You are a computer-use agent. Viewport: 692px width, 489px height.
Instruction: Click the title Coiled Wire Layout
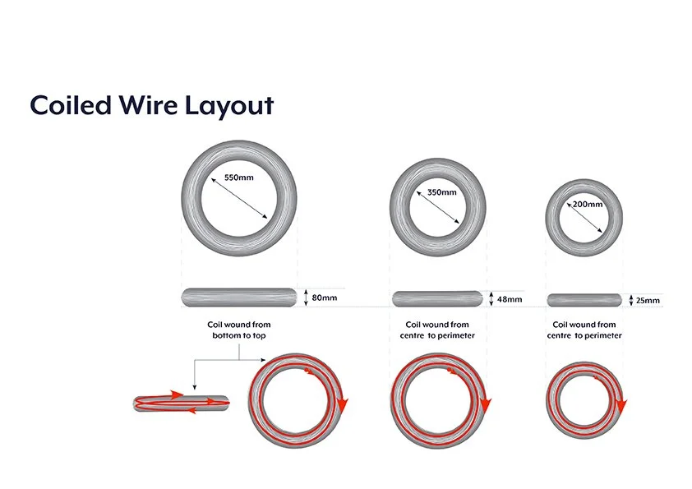pos(151,105)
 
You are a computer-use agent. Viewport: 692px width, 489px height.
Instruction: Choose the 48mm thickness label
pos(510,299)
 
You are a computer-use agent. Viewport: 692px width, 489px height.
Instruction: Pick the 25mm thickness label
pos(648,301)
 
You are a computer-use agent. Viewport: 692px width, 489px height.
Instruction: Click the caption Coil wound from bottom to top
pos(238,330)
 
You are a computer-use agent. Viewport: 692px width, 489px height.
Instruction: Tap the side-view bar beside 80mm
pos(238,296)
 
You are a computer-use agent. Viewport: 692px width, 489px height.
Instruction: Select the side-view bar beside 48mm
pos(437,298)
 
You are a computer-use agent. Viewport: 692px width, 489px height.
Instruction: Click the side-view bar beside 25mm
pos(584,299)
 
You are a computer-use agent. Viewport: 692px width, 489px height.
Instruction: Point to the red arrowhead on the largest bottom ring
pos(343,404)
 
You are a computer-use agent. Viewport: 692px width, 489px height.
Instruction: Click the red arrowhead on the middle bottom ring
pos(486,404)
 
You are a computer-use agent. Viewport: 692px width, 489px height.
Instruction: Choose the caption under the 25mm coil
pos(584,330)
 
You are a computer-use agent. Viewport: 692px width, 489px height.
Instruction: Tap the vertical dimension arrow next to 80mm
pos(306,297)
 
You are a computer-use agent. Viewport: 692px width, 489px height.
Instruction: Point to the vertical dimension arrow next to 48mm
pos(491,299)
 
